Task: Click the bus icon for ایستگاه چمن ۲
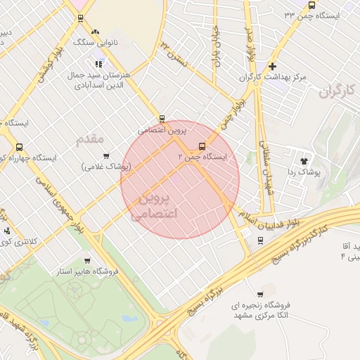tap(202, 147)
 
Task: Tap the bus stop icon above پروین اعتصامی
tap(162, 119)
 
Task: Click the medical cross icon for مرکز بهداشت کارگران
tap(272, 66)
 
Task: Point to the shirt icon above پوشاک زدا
tap(304, 161)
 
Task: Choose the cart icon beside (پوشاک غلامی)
tap(106, 156)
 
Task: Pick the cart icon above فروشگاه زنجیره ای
tap(260, 294)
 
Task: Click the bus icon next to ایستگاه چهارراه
tap(19, 148)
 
